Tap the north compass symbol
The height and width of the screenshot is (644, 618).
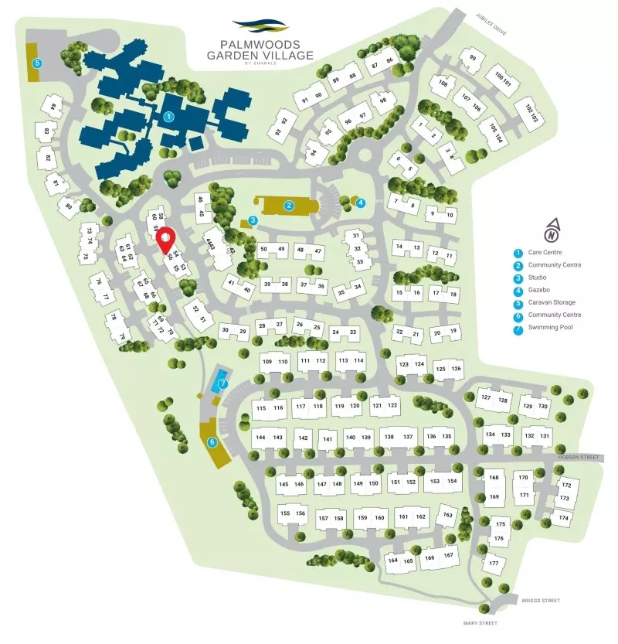pyautogui.click(x=551, y=230)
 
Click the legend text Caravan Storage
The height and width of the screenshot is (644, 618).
pyautogui.click(x=552, y=302)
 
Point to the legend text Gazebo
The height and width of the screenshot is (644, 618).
pyautogui.click(x=540, y=290)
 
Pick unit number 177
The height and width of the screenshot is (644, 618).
pyautogui.click(x=493, y=563)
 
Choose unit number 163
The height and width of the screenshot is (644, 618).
pyautogui.click(x=447, y=514)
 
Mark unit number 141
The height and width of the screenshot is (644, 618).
pyautogui.click(x=328, y=439)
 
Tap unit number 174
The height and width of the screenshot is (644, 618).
pyautogui.click(x=563, y=517)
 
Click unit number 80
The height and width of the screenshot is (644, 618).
pyautogui.click(x=68, y=206)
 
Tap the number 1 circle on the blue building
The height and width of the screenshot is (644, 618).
pyautogui.click(x=168, y=117)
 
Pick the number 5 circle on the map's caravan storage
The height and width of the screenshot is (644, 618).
pyautogui.click(x=36, y=63)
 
